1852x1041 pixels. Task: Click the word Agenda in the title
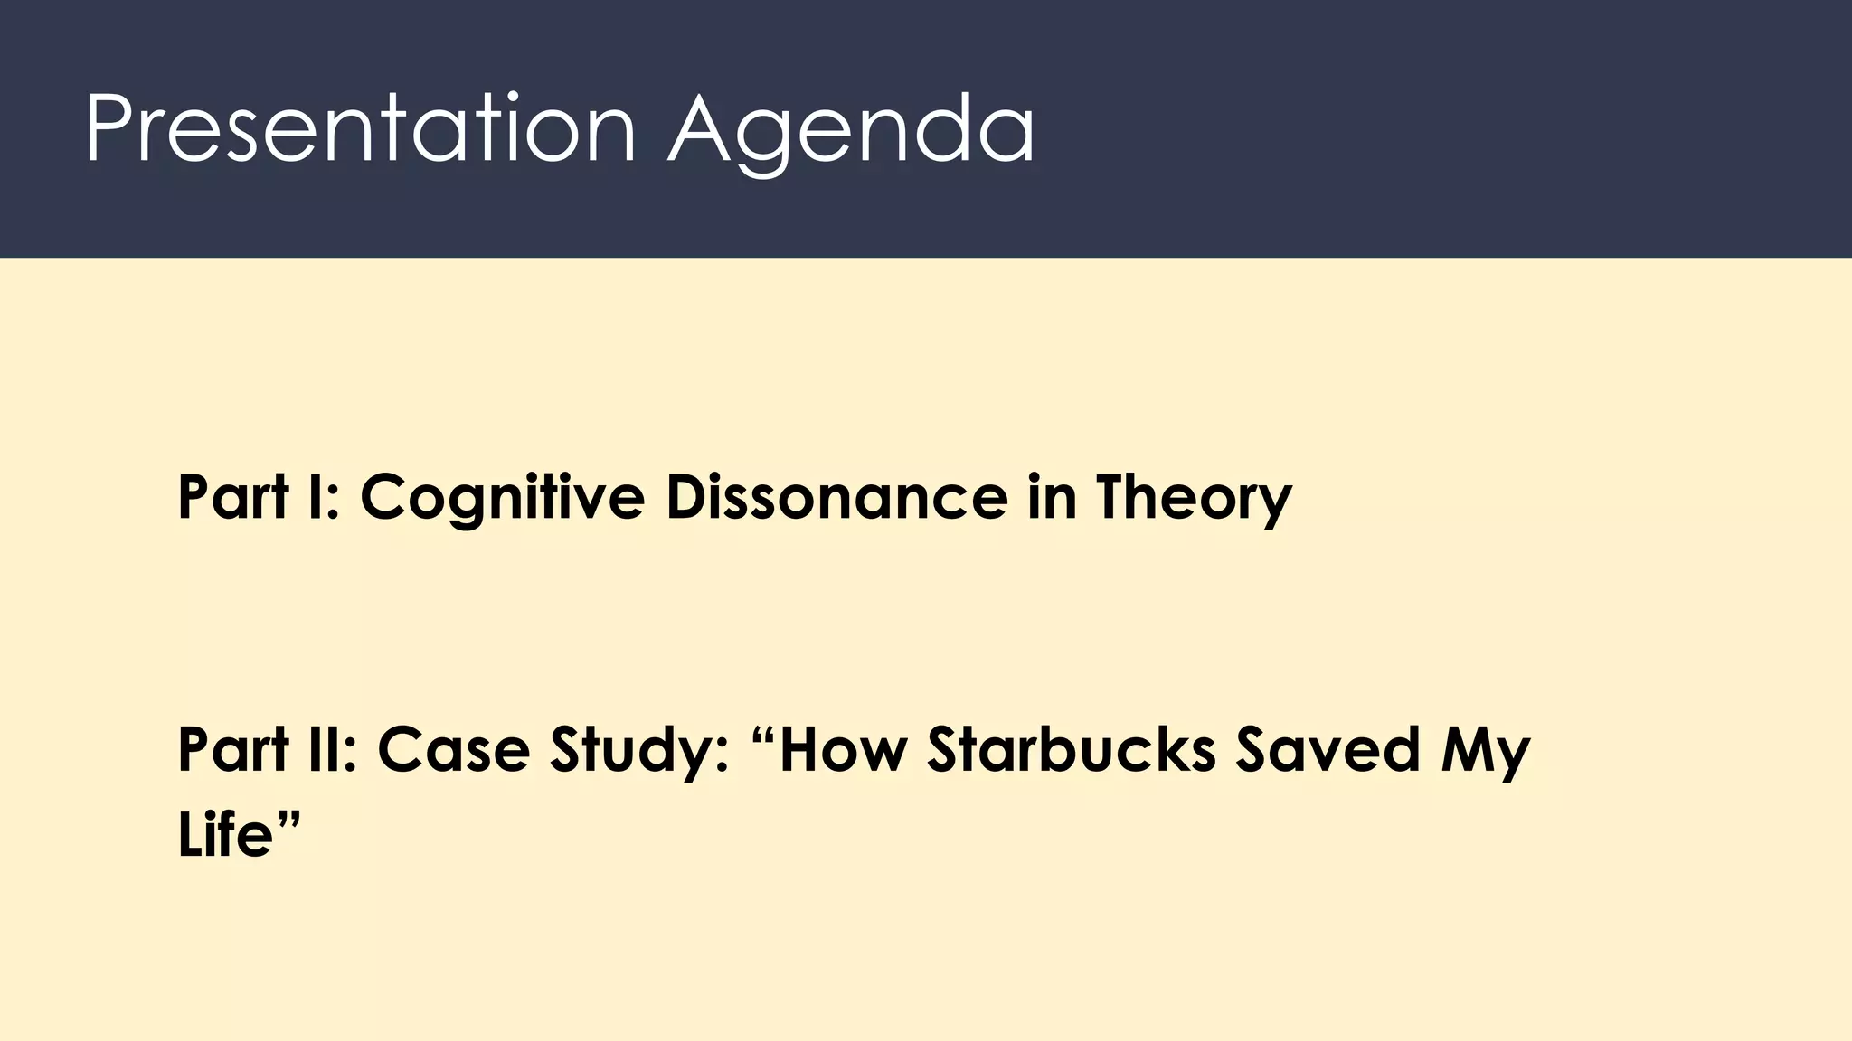coord(851,131)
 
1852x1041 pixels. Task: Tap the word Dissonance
coord(836,497)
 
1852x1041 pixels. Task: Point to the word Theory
coord(1194,497)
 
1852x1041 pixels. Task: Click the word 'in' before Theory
coord(1052,497)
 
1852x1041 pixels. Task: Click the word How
coord(841,750)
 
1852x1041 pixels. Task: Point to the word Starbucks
coord(1072,750)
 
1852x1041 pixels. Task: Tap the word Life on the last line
coord(225,833)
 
